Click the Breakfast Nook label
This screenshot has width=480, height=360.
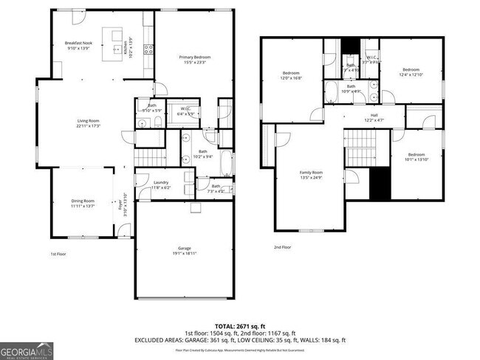point(78,45)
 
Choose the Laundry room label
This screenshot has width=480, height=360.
point(160,185)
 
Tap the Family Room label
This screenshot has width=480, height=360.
point(311,175)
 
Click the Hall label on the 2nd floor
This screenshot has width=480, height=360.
point(374,118)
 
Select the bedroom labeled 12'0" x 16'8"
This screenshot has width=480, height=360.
point(292,75)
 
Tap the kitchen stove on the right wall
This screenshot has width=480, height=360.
point(148,50)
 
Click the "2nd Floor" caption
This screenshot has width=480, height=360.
point(282,247)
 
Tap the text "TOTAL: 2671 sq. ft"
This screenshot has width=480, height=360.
point(240,325)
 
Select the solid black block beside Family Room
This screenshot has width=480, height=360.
point(380,181)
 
